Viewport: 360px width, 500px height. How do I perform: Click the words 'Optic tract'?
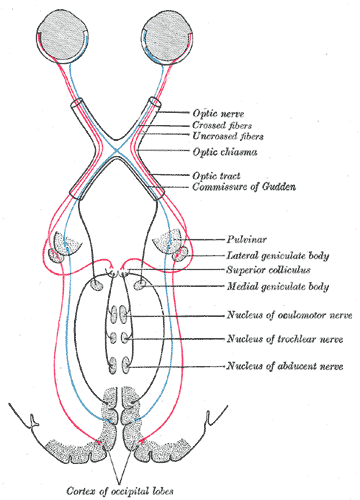coord(217,176)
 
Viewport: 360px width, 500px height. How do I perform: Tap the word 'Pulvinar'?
coord(245,241)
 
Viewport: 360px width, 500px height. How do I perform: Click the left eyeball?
coord(53,36)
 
